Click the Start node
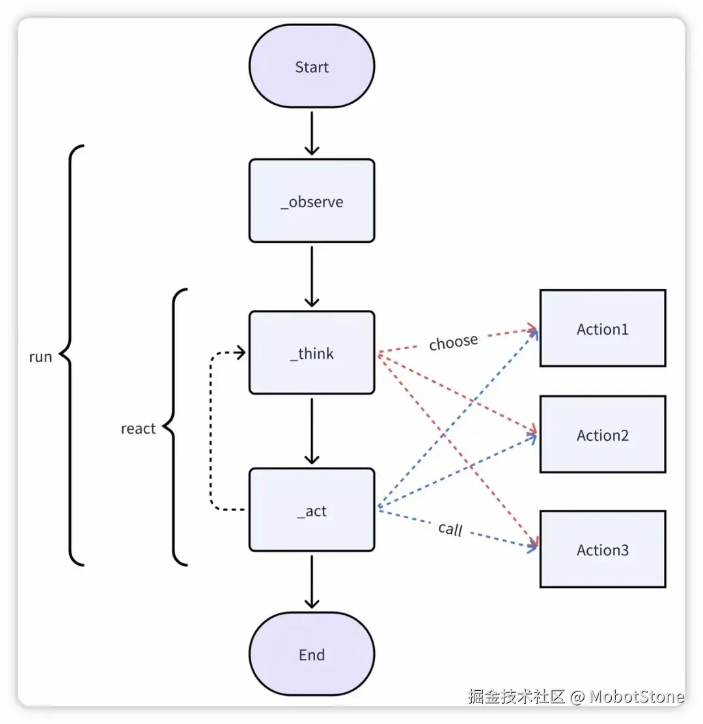pyautogui.click(x=312, y=67)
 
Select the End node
pyautogui.click(x=312, y=655)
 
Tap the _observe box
pyautogui.click(x=312, y=201)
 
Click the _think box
pyautogui.click(x=312, y=353)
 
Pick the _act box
pyautogui.click(x=312, y=510)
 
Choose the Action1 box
pyautogui.click(x=603, y=329)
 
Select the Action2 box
pyautogui.click(x=603, y=435)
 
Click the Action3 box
pyautogui.click(x=603, y=550)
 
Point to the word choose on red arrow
pyautogui.click(x=454, y=342)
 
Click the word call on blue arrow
pyautogui.click(x=450, y=529)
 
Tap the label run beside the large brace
pyautogui.click(x=40, y=357)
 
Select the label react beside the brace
pyautogui.click(x=138, y=428)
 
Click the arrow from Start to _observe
pyautogui.click(x=312, y=133)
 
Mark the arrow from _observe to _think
pyautogui.click(x=312, y=277)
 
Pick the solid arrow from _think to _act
pyautogui.click(x=312, y=431)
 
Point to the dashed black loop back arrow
pyautogui.click(x=211, y=430)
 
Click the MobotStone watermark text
pyautogui.click(x=637, y=697)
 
